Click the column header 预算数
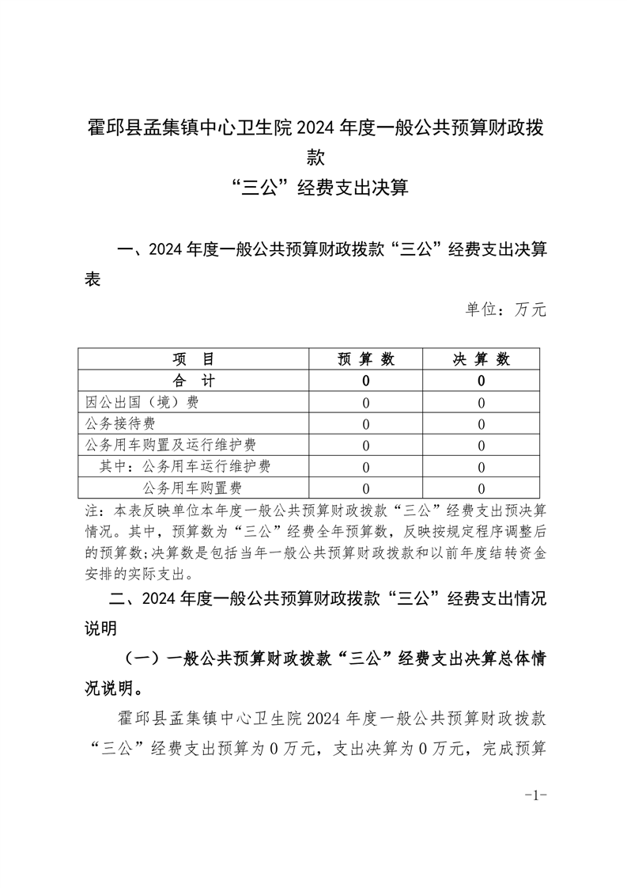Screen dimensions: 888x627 pos(365,359)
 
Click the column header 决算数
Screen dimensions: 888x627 pos(481,359)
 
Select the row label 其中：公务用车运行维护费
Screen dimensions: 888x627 pos(184,466)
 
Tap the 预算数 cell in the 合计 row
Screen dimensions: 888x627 pos(365,381)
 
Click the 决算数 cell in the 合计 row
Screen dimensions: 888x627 pos(481,381)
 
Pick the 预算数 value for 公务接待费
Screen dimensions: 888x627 pos(365,424)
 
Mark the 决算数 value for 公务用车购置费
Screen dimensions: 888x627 pos(481,488)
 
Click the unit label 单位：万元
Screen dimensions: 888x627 pos(506,309)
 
